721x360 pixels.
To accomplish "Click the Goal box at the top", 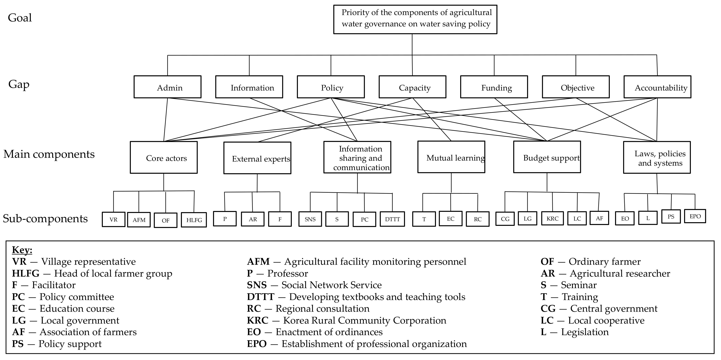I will [x=415, y=19].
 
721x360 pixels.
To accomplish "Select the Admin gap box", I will [x=167, y=87].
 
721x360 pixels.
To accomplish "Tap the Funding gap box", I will [x=494, y=87].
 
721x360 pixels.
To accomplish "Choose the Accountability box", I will [x=657, y=87].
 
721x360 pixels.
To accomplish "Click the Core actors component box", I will [x=164, y=157].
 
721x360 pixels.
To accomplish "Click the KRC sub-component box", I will [x=552, y=219].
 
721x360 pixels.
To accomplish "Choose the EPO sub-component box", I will [x=695, y=216].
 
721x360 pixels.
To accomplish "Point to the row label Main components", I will [x=49, y=154].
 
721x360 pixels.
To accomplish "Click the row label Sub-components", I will [x=45, y=218].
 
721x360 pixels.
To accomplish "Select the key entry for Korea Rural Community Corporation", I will [x=346, y=320].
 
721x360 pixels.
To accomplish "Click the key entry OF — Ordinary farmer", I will [x=591, y=261].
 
